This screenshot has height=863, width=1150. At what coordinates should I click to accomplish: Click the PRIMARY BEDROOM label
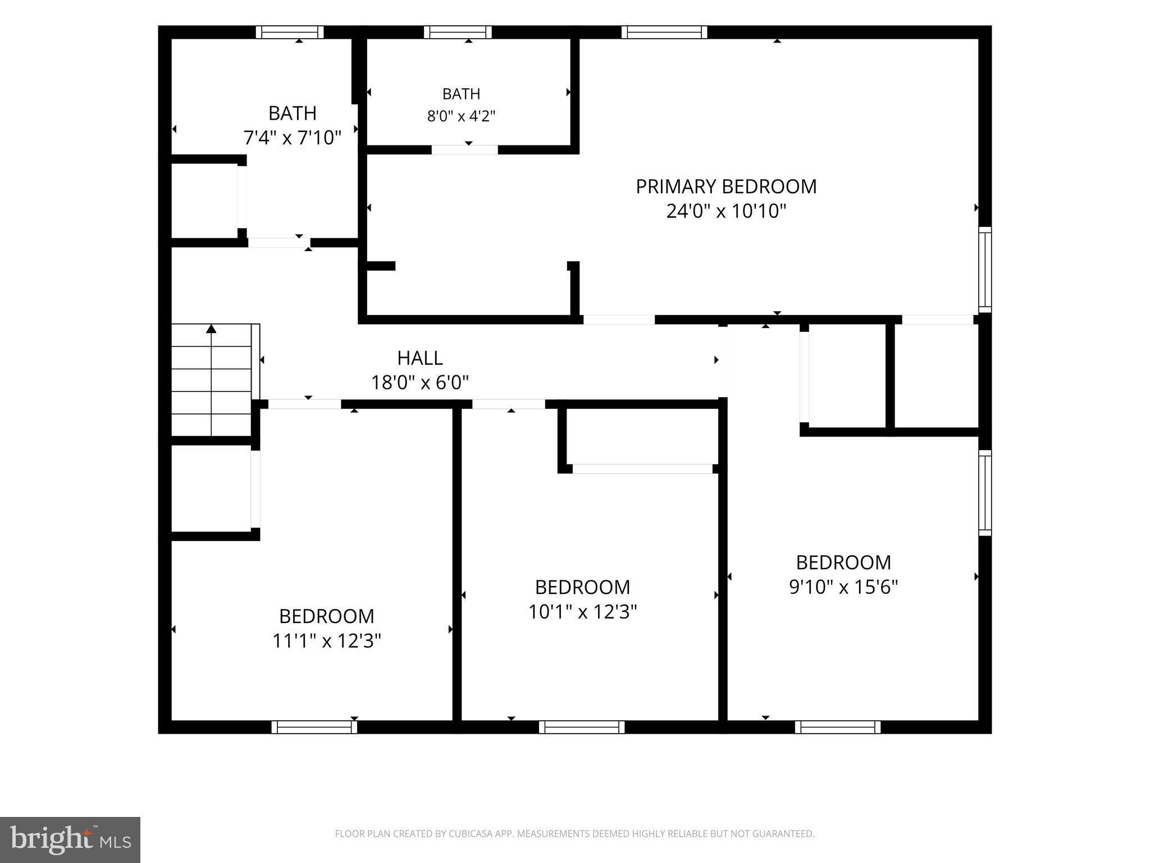(x=726, y=187)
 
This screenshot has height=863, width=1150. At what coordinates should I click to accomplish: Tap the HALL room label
(x=420, y=358)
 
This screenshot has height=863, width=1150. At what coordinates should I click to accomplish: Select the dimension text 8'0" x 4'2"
(x=461, y=116)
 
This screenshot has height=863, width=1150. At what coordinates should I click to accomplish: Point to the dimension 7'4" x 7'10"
(x=292, y=138)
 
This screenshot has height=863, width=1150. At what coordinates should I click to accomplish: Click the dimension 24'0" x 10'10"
(x=726, y=211)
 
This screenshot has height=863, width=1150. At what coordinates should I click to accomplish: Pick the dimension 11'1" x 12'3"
(x=327, y=641)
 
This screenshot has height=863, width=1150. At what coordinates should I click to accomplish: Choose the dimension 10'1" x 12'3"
(x=582, y=611)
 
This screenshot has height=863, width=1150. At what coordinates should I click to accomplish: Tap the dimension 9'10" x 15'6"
(x=843, y=587)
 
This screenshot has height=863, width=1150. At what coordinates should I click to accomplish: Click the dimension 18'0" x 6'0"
(x=420, y=383)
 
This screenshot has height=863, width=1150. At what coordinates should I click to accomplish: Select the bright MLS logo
(x=70, y=840)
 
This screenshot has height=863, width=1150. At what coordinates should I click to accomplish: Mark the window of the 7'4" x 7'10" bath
(x=290, y=32)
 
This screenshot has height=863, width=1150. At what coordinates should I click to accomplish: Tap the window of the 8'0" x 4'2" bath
(x=458, y=32)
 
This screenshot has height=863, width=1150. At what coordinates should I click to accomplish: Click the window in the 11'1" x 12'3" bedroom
(x=314, y=727)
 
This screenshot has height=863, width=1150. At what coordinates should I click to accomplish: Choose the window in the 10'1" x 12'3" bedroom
(x=582, y=727)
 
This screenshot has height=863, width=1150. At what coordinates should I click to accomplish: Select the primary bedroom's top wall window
(x=664, y=32)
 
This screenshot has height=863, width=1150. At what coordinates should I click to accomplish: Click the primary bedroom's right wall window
(x=985, y=270)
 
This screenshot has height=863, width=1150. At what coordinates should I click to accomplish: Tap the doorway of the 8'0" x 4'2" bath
(x=465, y=150)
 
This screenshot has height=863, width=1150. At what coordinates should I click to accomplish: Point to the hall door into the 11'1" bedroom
(x=304, y=404)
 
